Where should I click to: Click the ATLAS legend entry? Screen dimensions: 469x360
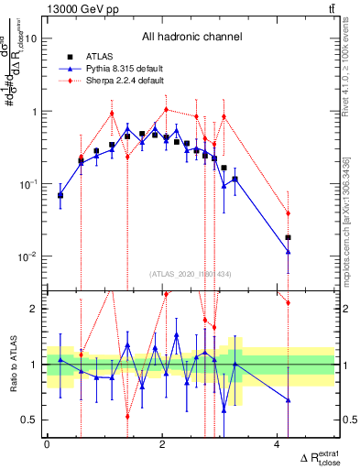(x=102, y=57)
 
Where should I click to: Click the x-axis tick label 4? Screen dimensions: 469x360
(x=278, y=444)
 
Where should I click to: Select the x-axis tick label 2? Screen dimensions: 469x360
(x=162, y=444)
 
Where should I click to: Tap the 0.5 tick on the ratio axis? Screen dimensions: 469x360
(x=33, y=420)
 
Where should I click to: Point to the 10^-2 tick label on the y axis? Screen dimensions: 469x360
(x=28, y=256)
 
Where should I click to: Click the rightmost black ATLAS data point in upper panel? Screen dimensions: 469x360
(x=289, y=237)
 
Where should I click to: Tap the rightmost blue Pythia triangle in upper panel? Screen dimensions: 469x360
(x=289, y=251)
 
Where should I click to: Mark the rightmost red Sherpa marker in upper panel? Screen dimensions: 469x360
(x=289, y=213)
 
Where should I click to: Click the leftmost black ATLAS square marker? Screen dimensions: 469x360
(x=60, y=195)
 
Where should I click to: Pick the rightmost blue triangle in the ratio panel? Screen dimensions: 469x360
(x=289, y=400)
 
